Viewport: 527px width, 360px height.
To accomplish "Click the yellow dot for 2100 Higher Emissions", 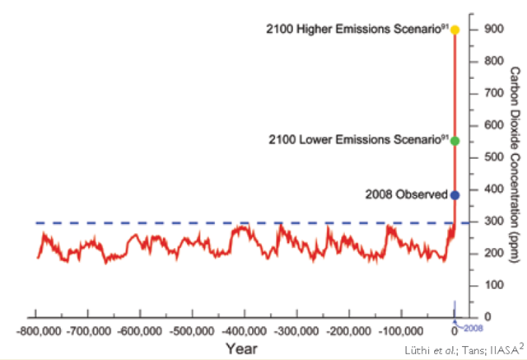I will [455, 30].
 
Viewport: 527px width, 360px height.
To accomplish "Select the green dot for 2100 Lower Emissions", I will [455, 140].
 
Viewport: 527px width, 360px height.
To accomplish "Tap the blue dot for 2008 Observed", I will [455, 195].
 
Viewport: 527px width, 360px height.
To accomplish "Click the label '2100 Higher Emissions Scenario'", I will [357, 30].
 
